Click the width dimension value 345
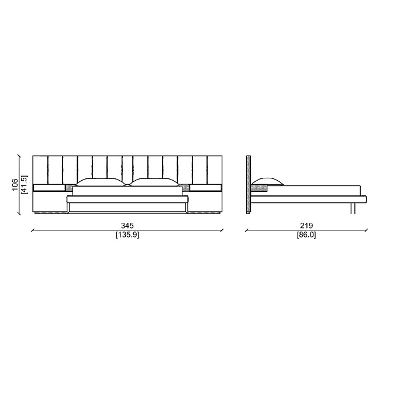127,226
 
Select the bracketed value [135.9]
127,235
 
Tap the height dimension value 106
15,184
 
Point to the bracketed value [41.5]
25,184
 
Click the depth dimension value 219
306,226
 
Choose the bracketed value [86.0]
306,235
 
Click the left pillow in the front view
100,182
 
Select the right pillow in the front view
154,182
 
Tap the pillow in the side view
267,181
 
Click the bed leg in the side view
353,209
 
